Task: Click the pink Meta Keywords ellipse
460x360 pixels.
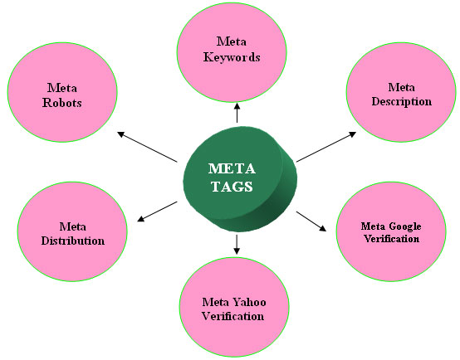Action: [237, 50]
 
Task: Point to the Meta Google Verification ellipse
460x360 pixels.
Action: [390, 231]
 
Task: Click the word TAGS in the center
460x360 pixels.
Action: [231, 187]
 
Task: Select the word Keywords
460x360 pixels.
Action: [237, 58]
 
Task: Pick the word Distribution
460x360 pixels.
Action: [72, 241]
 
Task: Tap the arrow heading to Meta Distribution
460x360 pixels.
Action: [158, 211]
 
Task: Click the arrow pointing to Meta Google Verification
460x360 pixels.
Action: [311, 221]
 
